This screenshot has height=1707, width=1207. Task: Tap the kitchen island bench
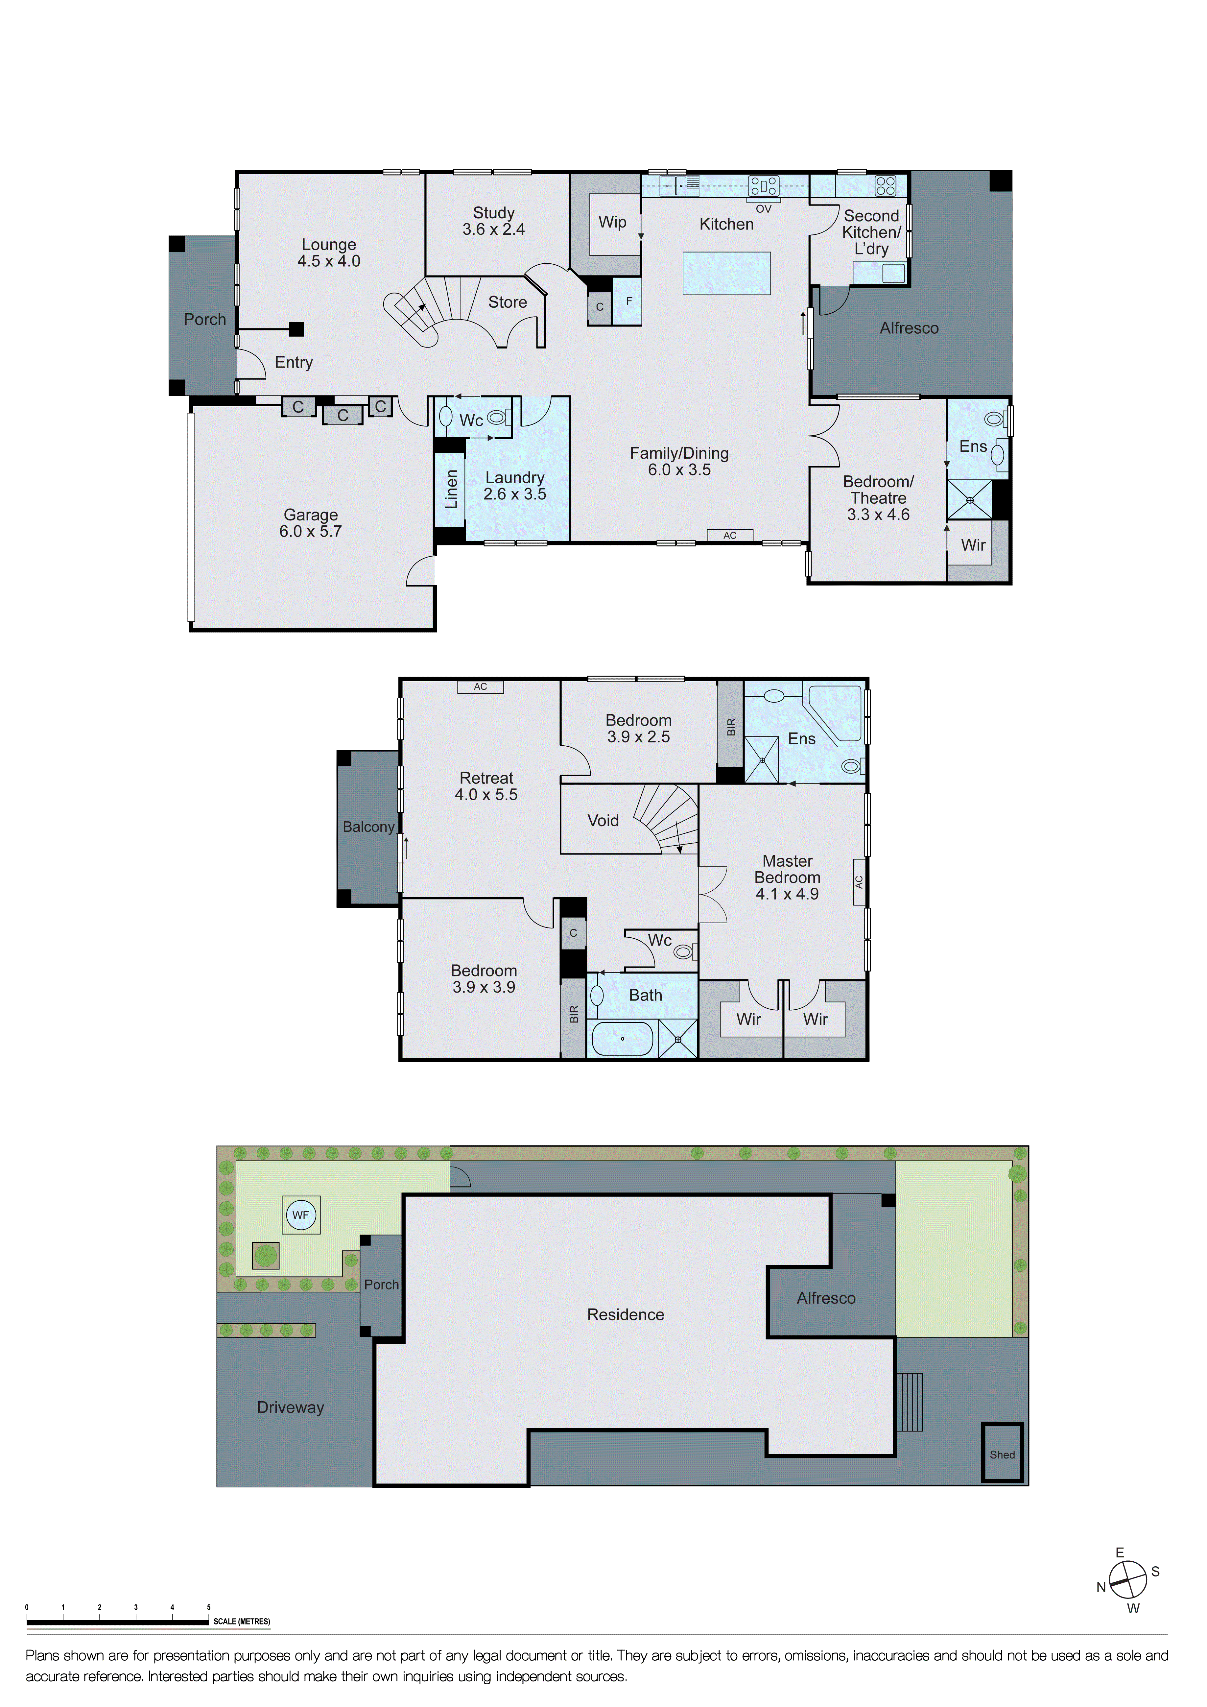pos(726,273)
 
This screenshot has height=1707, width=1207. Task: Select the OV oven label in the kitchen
pos(763,209)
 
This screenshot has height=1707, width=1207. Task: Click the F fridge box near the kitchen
pos(629,301)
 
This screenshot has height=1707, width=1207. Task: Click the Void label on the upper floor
pos(603,821)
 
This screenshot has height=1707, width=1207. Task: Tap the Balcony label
pos(368,827)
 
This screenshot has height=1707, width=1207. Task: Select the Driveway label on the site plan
pos(291,1407)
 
